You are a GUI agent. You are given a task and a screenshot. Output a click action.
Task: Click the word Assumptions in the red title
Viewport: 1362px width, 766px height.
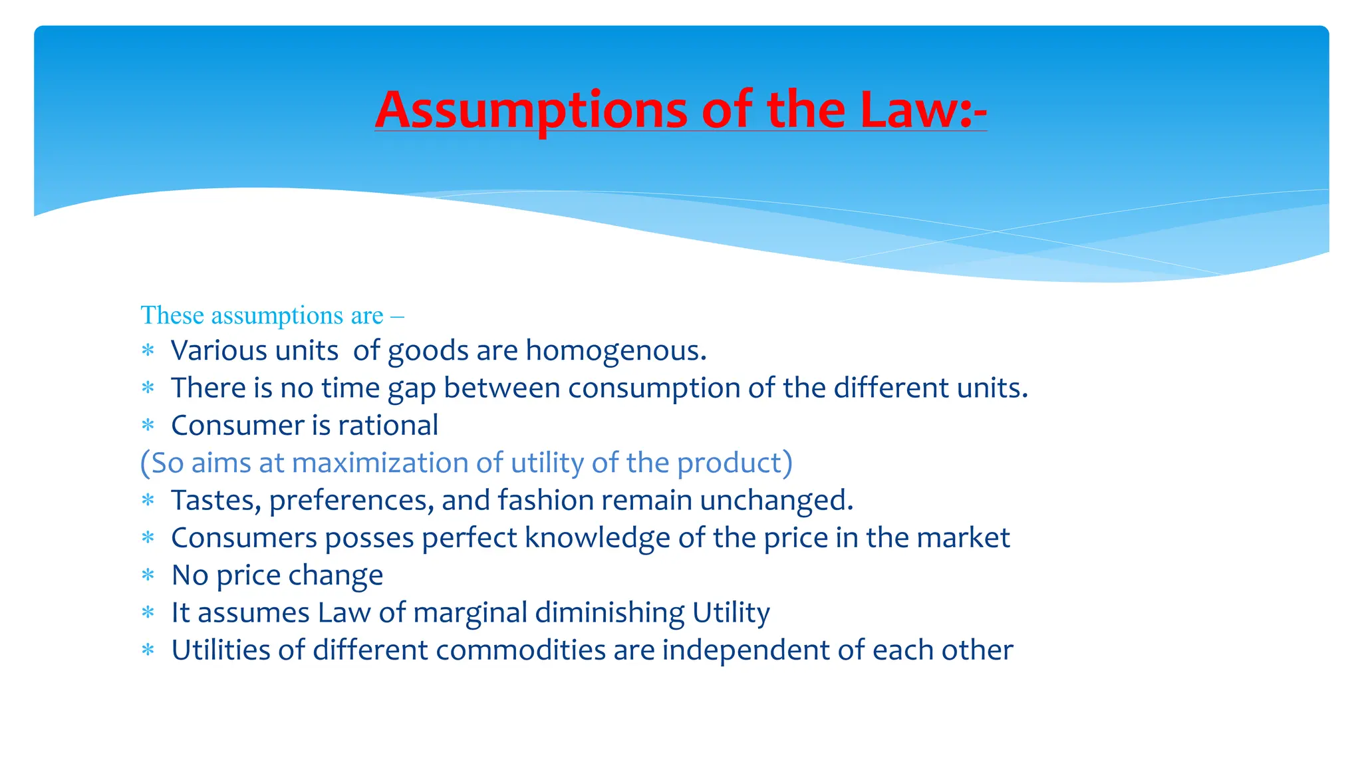[x=531, y=110]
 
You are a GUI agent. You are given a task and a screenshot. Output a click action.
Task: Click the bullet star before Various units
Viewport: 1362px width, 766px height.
[x=148, y=350]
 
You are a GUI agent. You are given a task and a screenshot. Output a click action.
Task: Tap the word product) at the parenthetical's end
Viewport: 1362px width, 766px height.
[x=735, y=463]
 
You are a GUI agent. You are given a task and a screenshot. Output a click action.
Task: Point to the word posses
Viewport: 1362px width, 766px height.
[x=370, y=538]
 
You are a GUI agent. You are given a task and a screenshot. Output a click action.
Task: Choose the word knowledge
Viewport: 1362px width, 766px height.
[x=597, y=538]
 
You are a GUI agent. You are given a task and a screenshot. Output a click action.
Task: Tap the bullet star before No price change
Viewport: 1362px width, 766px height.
[x=148, y=575]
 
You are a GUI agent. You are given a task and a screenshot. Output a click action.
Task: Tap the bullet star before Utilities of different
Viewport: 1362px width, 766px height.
[x=148, y=650]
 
